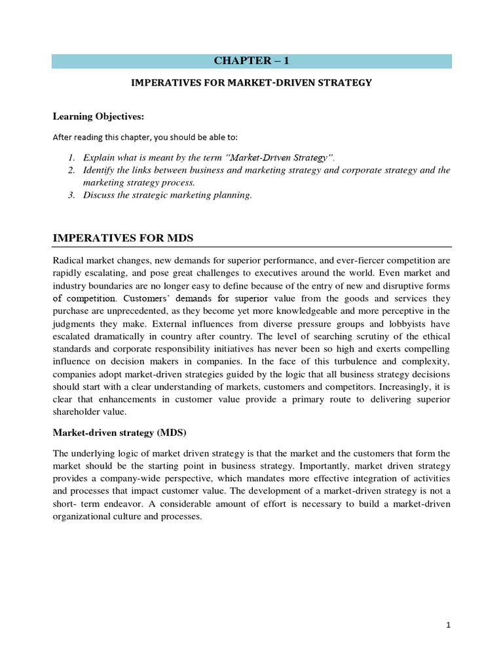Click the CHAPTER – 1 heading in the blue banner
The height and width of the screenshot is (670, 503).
tap(251, 62)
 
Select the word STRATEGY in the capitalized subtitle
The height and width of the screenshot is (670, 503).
tap(346, 82)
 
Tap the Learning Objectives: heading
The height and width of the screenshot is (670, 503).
tap(98, 116)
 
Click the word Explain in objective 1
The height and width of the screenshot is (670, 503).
tap(98, 158)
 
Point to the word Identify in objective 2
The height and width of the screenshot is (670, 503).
tap(99, 170)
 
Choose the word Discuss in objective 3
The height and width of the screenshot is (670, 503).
tap(99, 195)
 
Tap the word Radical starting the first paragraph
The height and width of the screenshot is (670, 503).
tap(69, 261)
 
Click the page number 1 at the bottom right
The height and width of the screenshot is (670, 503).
tap(448, 625)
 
